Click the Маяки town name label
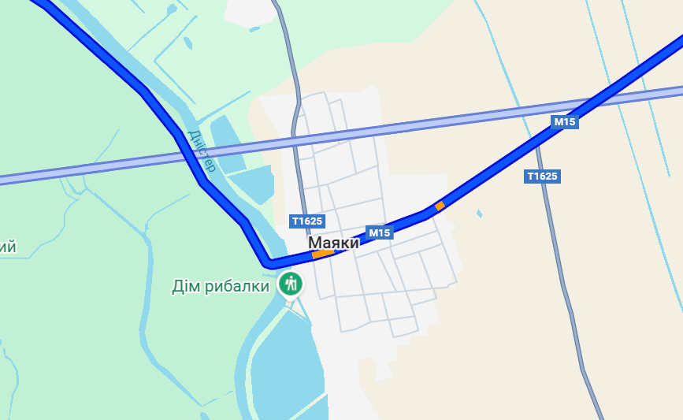click(333, 243)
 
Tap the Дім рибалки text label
click(221, 286)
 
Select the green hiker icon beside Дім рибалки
click(291, 283)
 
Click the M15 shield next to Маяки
click(380, 232)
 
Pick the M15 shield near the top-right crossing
click(565, 121)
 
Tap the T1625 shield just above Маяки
click(306, 221)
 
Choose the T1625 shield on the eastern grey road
click(542, 177)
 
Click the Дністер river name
click(202, 151)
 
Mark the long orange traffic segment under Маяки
click(323, 254)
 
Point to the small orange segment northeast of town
click(440, 206)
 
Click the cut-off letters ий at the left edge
click(8, 247)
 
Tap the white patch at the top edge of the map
click(252, 11)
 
